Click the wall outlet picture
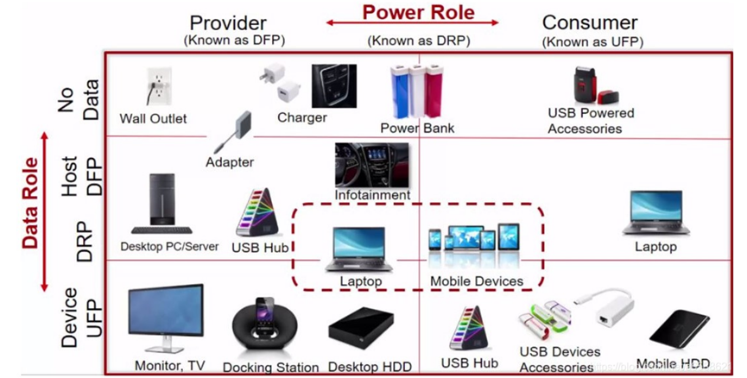[x=155, y=87]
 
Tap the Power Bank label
[x=417, y=128]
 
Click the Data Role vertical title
[x=31, y=203]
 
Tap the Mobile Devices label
[x=476, y=281]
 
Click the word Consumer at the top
[x=589, y=22]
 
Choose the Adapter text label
[x=229, y=161]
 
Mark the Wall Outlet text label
[x=153, y=118]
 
